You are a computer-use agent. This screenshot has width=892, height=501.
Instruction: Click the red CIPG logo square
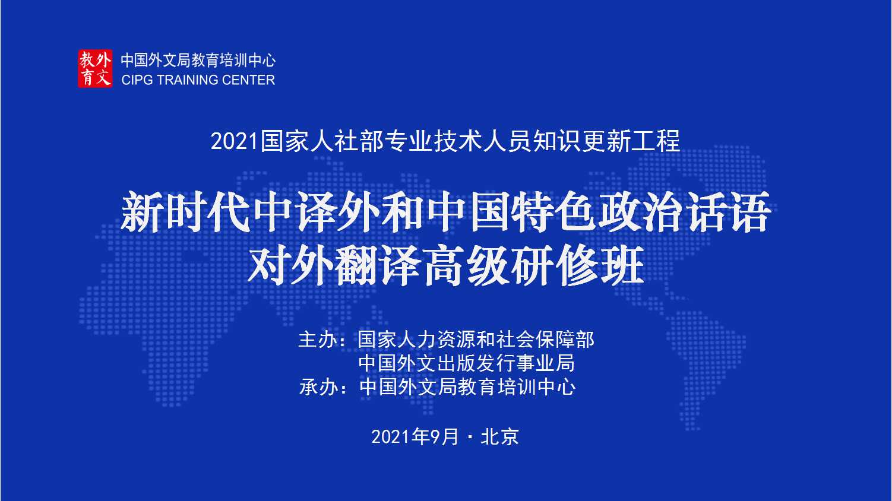coord(95,68)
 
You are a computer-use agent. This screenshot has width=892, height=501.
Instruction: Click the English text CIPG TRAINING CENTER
coord(198,80)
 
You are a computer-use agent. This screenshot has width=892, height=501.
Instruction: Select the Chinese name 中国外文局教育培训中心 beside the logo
coord(198,61)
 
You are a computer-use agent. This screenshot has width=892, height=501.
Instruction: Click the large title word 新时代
coord(185,211)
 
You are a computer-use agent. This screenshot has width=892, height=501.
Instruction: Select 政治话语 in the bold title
coord(684,211)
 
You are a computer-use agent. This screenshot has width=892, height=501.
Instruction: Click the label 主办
coord(318,340)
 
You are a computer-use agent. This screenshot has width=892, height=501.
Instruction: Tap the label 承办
coord(318,387)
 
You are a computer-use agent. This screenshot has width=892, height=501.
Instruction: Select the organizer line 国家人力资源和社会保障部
coord(476,340)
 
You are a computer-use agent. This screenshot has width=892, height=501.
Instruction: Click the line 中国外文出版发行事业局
coord(466,363)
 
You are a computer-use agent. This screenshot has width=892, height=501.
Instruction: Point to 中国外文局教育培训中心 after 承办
coord(467,387)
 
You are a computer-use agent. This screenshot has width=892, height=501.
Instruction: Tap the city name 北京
coord(500,437)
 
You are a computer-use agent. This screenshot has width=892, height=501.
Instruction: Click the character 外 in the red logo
coord(103,60)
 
